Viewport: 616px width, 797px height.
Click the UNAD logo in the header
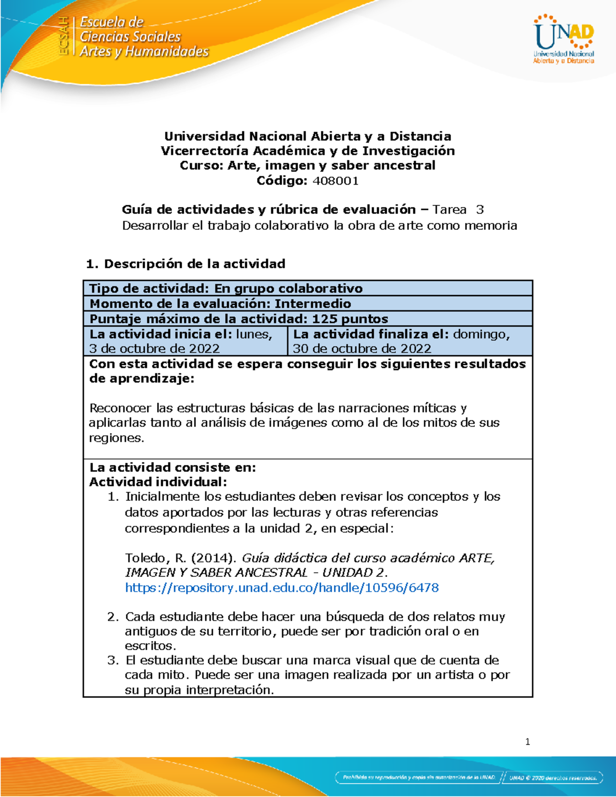tap(564, 39)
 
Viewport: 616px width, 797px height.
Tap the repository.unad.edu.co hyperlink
tap(282, 588)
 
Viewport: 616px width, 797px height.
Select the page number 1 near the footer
tap(527, 742)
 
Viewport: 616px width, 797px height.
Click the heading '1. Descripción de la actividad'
tap(186, 264)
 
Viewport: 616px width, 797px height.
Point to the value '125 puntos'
tap(350, 319)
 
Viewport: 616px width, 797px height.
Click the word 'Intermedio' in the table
tap(313, 303)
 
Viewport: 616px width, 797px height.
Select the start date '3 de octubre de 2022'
tap(155, 348)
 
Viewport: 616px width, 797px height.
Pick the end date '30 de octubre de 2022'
tap(362, 348)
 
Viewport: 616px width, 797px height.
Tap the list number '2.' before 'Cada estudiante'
tap(113, 616)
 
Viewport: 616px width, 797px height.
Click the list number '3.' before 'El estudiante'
tap(113, 660)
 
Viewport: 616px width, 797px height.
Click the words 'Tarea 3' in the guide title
tap(458, 209)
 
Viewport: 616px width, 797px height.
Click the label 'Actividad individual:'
tap(158, 482)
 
